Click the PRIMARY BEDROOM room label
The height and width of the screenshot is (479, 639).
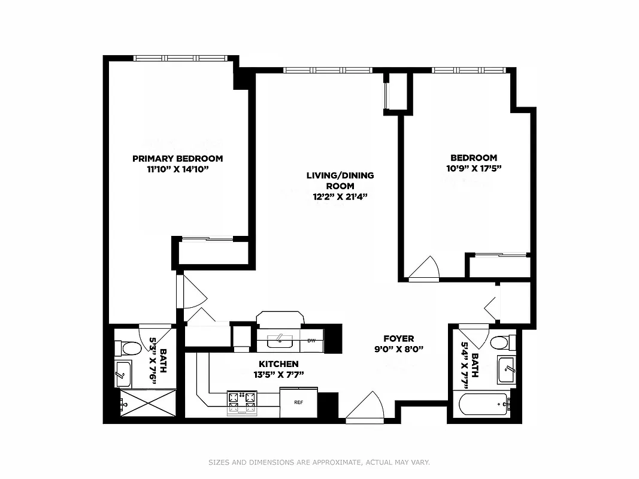click(177, 159)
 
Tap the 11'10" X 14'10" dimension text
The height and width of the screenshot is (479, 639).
click(177, 169)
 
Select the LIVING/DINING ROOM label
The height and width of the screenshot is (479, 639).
click(340, 181)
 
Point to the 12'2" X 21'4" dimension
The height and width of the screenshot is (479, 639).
click(340, 196)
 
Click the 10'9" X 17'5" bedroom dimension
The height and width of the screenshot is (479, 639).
click(474, 168)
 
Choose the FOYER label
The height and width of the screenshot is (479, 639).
click(399, 338)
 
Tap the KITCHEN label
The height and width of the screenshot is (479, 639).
click(278, 364)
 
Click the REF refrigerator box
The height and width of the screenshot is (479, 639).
click(298, 402)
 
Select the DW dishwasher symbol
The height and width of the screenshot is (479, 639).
click(311, 341)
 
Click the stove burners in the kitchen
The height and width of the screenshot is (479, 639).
click(242, 402)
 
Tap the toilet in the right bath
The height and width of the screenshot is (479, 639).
click(499, 343)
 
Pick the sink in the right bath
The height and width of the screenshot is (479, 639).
click(506, 369)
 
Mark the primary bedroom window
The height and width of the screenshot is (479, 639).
click(180, 58)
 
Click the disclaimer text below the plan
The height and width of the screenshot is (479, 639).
click(319, 462)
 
